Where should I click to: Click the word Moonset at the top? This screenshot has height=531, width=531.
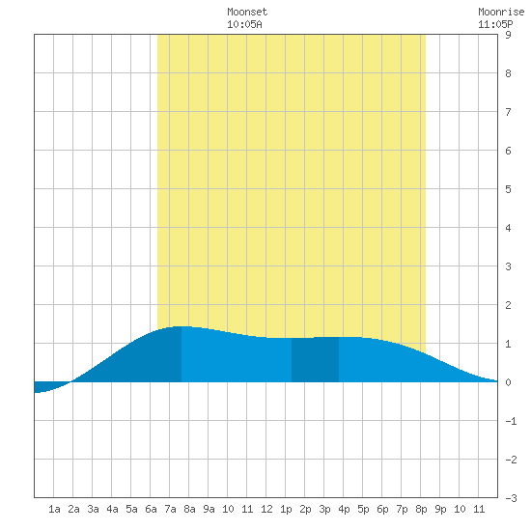[247, 12]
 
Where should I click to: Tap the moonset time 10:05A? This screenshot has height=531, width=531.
[244, 24]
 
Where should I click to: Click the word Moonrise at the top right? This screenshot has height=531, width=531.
[501, 12]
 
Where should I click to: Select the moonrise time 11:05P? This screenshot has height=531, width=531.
[495, 24]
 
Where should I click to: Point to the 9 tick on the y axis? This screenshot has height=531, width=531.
[508, 35]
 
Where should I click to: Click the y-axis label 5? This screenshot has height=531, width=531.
[508, 189]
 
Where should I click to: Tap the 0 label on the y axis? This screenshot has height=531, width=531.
[508, 382]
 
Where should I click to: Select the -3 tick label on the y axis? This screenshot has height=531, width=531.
[511, 498]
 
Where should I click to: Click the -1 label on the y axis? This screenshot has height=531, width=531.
[511, 421]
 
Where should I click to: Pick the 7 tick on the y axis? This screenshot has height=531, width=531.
[508, 112]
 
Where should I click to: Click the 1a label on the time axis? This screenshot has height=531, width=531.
[54, 509]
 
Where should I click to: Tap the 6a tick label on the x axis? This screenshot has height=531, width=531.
[151, 509]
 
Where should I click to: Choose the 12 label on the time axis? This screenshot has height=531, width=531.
[266, 509]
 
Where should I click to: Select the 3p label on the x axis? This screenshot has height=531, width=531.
[324, 509]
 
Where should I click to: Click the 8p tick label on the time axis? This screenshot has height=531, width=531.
[421, 509]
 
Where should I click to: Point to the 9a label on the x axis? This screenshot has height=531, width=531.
[209, 509]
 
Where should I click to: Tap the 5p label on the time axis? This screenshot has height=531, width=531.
[363, 509]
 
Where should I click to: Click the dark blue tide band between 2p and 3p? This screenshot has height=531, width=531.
[315, 360]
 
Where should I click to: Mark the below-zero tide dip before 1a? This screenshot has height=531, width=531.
[47, 386]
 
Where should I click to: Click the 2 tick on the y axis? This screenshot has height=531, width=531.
[508, 305]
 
